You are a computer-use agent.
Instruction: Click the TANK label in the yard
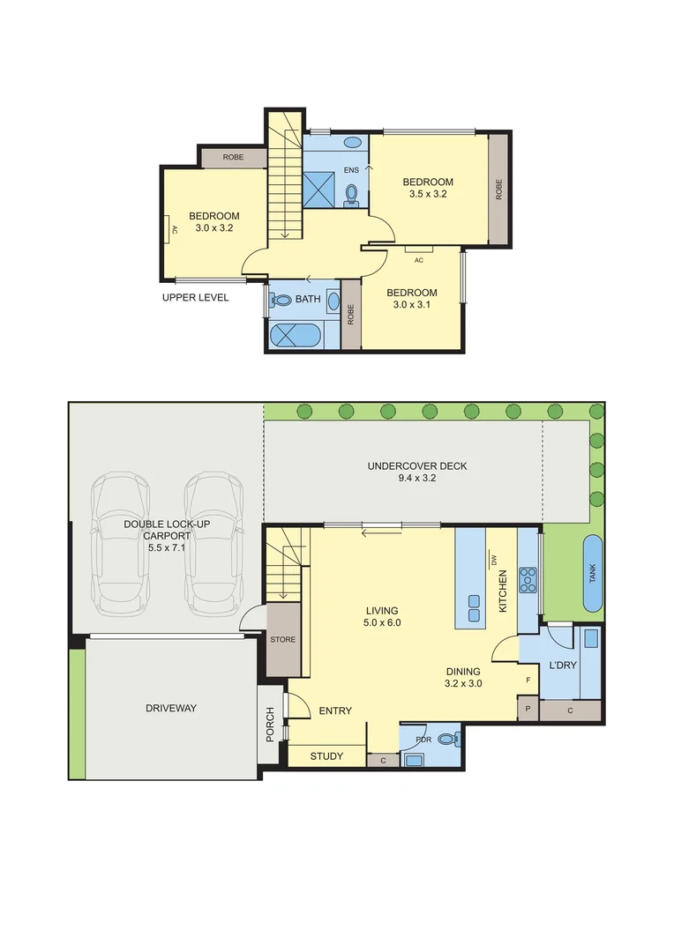click(592, 574)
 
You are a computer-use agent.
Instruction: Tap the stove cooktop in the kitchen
click(528, 578)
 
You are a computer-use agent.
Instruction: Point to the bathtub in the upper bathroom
click(296, 336)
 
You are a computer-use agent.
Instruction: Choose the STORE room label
click(283, 639)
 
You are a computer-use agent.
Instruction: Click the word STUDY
click(326, 755)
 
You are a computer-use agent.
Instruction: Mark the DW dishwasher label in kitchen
click(494, 560)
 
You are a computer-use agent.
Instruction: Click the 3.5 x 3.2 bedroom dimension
click(428, 194)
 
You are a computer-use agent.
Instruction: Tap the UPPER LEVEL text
click(195, 298)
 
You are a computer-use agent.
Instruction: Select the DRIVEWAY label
click(172, 708)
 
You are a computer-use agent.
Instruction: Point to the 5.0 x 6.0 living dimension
click(382, 622)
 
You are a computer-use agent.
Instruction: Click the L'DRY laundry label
click(563, 665)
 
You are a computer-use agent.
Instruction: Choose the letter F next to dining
click(528, 680)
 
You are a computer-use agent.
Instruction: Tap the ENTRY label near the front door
click(335, 711)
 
